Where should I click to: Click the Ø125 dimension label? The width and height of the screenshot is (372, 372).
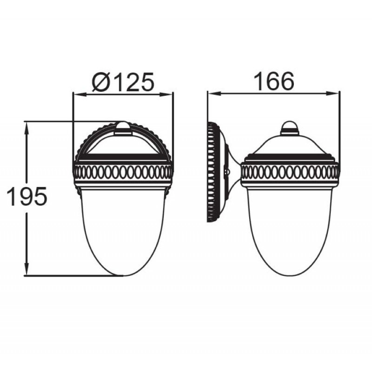point(123,81)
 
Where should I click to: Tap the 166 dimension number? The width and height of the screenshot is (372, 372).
point(274,81)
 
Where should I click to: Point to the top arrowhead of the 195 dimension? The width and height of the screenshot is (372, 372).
point(27,128)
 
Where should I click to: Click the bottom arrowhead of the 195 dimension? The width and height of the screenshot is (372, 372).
point(27,269)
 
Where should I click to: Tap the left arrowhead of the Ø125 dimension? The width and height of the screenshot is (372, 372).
point(79,94)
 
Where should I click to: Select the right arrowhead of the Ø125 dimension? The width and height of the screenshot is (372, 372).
point(166,94)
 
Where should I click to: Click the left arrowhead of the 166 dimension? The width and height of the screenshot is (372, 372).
point(214,93)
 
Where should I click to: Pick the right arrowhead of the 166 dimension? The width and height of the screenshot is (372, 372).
point(332,93)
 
